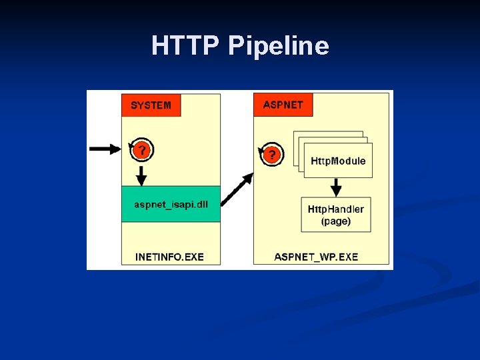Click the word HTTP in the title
[x=185, y=45]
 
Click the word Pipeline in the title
[x=278, y=46]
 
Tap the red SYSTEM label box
[x=151, y=105]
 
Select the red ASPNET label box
[x=283, y=105]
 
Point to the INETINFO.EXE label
[x=169, y=257]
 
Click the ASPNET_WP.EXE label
[x=316, y=257]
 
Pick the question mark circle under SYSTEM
[x=141, y=151]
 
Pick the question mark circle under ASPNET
[x=271, y=155]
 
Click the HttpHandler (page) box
[x=335, y=215]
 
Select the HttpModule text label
[x=338, y=161]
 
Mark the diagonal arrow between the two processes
[x=237, y=189]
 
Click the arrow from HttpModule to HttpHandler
[x=337, y=186]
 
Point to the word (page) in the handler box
[x=335, y=221]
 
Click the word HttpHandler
[x=335, y=209]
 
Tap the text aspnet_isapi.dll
[x=171, y=204]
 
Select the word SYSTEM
[x=151, y=105]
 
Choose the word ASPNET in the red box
[x=283, y=105]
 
